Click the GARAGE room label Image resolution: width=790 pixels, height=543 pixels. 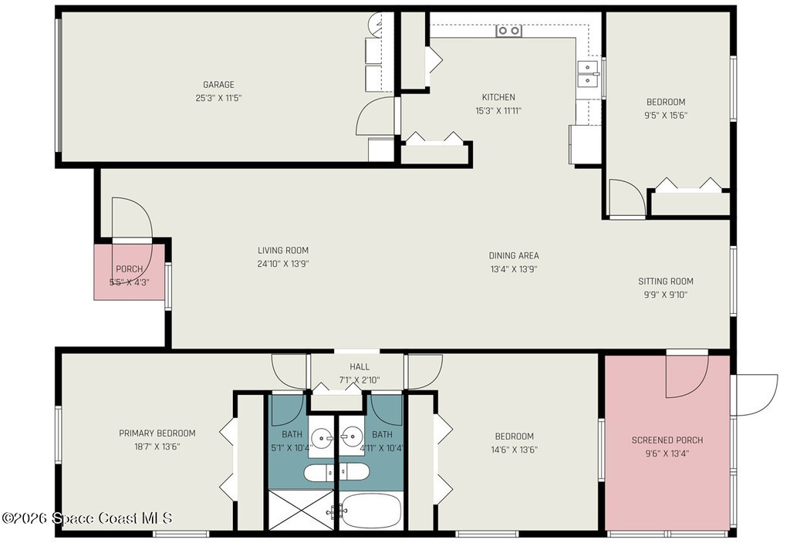pyautogui.click(x=218, y=85)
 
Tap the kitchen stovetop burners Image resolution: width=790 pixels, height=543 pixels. pyautogui.click(x=509, y=31)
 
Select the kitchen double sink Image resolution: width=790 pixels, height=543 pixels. pyautogui.click(x=588, y=73)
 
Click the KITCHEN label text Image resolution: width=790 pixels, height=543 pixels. pyautogui.click(x=498, y=97)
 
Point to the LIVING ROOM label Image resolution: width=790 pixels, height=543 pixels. pyautogui.click(x=283, y=251)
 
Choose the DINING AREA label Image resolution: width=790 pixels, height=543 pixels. pyautogui.click(x=514, y=255)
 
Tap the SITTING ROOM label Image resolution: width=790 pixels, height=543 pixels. pyautogui.click(x=666, y=281)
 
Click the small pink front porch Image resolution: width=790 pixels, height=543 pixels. pyautogui.click(x=130, y=272)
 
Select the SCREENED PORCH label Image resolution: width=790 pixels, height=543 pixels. pyautogui.click(x=667, y=440)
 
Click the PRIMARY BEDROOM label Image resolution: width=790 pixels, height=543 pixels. pyautogui.click(x=157, y=433)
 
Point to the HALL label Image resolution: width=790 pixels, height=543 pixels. pyautogui.click(x=360, y=366)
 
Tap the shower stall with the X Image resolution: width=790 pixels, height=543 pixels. pyautogui.click(x=302, y=511)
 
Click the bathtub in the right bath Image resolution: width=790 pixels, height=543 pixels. pyautogui.click(x=370, y=511)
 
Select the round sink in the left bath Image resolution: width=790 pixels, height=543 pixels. pyautogui.click(x=322, y=437)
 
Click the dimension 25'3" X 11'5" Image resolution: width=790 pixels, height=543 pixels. pyautogui.click(x=218, y=98)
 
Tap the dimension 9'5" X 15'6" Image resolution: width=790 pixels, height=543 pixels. pyautogui.click(x=666, y=116)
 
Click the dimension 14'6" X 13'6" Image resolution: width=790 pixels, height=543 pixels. pyautogui.click(x=514, y=450)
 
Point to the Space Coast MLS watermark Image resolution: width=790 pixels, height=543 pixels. pyautogui.click(x=87, y=518)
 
